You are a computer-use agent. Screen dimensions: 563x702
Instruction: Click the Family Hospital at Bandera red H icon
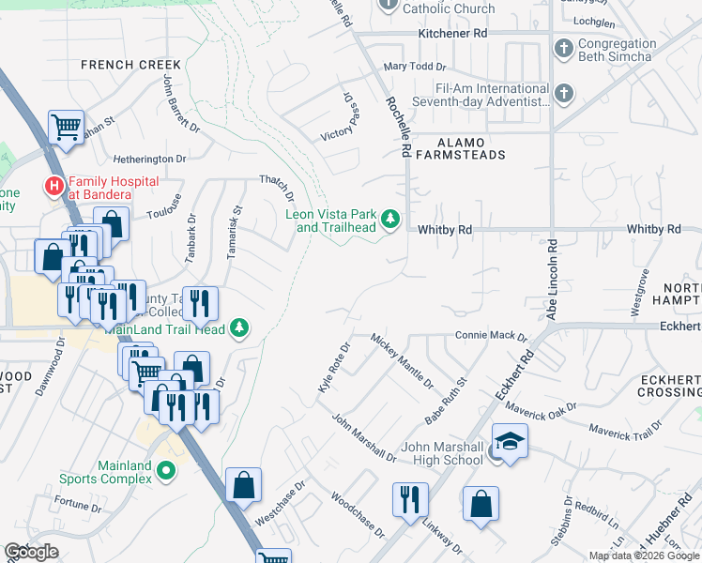click(x=54, y=187)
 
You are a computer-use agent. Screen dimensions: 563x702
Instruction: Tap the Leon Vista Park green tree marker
click(x=390, y=221)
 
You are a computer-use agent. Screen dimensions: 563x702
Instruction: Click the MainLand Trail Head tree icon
click(x=240, y=327)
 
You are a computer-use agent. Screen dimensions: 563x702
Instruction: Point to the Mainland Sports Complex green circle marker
click(x=167, y=471)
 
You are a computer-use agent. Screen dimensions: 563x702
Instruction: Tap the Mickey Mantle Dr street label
click(x=402, y=360)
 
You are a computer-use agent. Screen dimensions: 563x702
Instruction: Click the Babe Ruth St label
click(x=446, y=398)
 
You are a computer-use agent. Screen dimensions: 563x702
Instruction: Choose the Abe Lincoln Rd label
click(x=552, y=279)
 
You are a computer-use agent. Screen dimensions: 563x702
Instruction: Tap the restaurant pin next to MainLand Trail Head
click(x=200, y=302)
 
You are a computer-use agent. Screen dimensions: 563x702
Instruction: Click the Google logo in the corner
click(x=31, y=552)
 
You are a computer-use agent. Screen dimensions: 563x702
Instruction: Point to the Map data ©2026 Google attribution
click(x=643, y=555)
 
